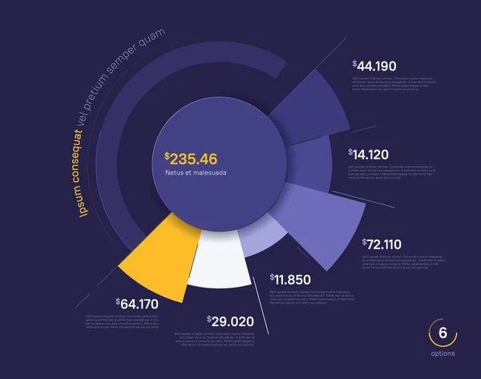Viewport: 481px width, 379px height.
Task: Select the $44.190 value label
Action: point(374,66)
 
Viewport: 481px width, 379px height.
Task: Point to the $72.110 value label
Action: point(382,243)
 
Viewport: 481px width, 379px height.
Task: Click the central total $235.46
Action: point(192,158)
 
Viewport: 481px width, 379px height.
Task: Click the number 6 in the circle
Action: point(442,334)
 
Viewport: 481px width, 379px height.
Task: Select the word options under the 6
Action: point(442,353)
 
